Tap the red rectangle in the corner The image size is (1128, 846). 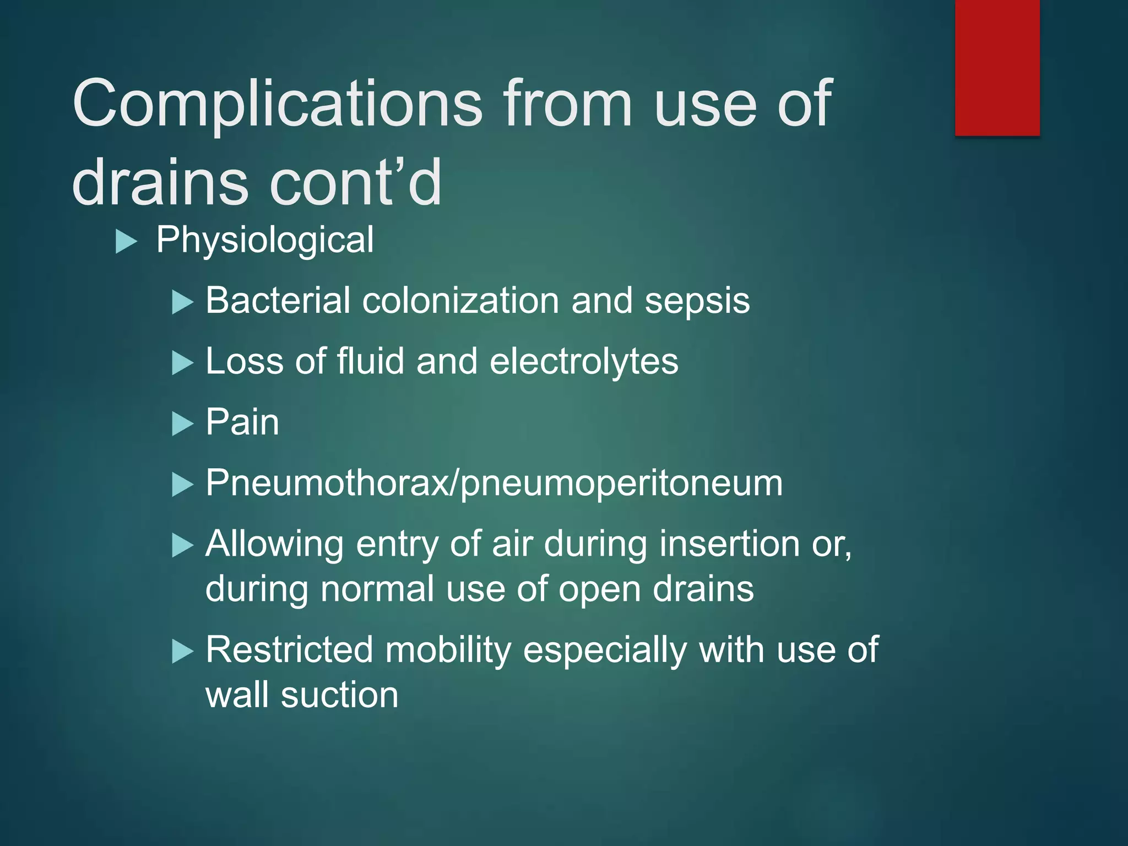(x=997, y=67)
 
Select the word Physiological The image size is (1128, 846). (x=265, y=240)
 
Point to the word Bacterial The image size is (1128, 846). (x=278, y=301)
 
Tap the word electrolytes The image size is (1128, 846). (x=584, y=362)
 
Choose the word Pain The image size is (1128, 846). (x=242, y=422)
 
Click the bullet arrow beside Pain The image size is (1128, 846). (x=183, y=424)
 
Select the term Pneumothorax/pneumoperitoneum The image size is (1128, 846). (x=493, y=484)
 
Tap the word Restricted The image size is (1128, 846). (x=289, y=650)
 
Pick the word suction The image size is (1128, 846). (x=339, y=695)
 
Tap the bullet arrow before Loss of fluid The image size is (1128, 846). (x=183, y=363)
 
